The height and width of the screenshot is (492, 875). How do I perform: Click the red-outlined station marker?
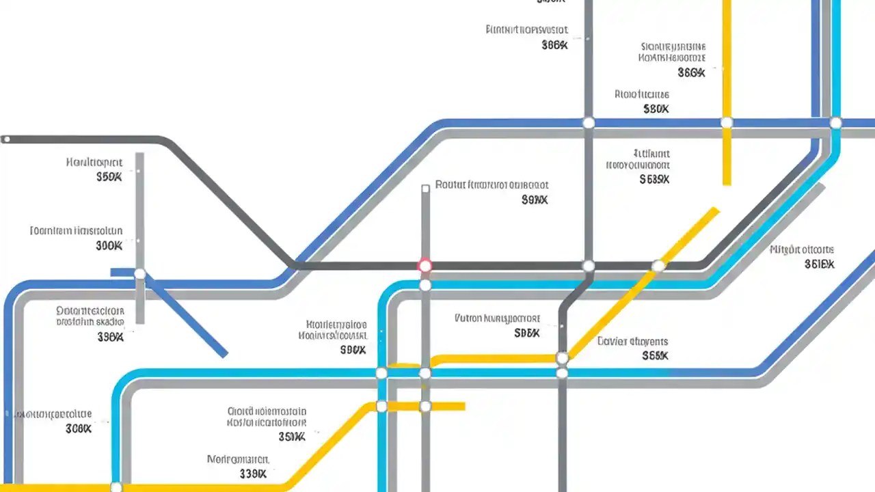click(425, 265)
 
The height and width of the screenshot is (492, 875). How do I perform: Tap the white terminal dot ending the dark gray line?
click(6, 139)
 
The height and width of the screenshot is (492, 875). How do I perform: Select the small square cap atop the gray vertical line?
click(425, 188)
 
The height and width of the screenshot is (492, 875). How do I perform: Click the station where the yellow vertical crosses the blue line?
click(727, 123)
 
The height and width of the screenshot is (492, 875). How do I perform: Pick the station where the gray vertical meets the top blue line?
click(588, 123)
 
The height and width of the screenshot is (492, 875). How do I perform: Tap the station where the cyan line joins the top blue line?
click(835, 123)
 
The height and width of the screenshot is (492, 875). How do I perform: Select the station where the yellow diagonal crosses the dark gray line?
click(658, 266)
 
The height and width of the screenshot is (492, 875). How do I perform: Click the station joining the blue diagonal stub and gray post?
click(140, 274)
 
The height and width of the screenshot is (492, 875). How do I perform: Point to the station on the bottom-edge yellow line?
click(116, 487)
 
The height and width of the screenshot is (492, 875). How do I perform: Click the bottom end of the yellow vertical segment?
click(727, 183)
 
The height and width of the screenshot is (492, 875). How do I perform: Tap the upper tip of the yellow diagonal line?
click(716, 210)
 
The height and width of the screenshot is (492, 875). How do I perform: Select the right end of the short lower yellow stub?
click(463, 407)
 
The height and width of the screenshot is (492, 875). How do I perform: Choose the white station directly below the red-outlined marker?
click(425, 285)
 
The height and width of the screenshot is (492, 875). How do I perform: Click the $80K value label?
click(656, 109)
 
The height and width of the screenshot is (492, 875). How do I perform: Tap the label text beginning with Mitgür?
click(802, 250)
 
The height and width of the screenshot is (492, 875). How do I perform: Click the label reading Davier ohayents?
click(632, 341)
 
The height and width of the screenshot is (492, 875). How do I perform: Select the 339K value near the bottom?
click(253, 474)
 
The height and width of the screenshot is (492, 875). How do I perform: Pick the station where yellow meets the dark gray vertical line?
click(562, 357)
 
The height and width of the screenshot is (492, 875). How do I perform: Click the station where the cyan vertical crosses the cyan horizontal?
click(381, 373)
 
